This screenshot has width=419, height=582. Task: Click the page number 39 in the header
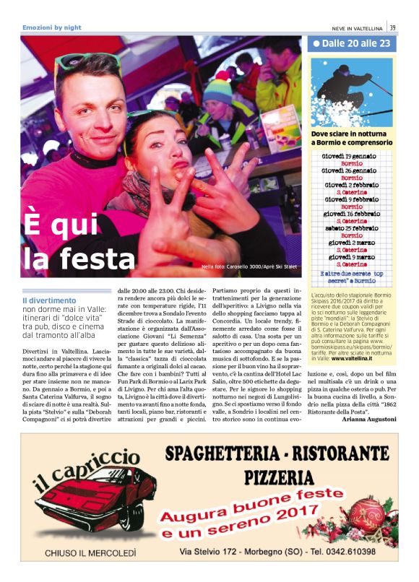pos(392,27)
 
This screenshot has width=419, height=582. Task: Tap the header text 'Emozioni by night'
pos(52,27)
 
